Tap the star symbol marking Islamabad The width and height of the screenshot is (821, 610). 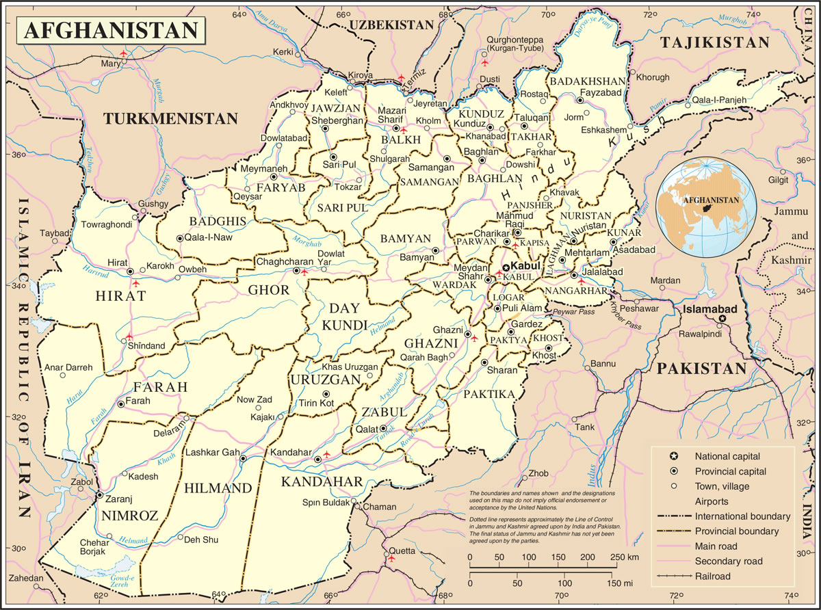[722, 319]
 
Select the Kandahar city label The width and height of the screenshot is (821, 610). [291, 453]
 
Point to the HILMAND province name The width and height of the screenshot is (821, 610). [218, 488]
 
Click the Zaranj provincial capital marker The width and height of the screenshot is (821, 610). [100, 494]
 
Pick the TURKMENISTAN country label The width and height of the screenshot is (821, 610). [170, 119]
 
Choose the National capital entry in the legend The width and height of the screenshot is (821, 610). [727, 456]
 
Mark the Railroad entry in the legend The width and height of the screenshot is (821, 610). [712, 576]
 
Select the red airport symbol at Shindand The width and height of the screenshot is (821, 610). [129, 336]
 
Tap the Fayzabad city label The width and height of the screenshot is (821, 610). [599, 92]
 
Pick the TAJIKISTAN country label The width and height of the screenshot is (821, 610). [715, 42]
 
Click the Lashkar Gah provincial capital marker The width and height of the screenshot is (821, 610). [243, 459]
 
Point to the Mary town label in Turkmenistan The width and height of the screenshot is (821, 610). [110, 64]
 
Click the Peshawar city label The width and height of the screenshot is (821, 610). [639, 308]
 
